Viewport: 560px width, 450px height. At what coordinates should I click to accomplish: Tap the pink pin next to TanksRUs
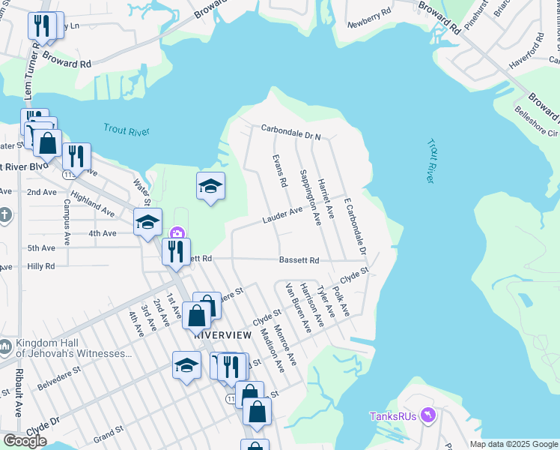[427, 415]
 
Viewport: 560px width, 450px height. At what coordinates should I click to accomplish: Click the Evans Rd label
[279, 172]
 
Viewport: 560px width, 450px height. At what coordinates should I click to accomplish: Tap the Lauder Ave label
[281, 215]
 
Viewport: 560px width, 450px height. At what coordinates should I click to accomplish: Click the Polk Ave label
[341, 299]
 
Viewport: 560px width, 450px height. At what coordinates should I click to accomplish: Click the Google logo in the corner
[25, 441]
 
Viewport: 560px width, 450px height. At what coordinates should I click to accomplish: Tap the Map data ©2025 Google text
[514, 444]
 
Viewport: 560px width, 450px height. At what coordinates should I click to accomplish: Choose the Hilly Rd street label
[41, 266]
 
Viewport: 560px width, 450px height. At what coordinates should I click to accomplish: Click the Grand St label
[109, 433]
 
